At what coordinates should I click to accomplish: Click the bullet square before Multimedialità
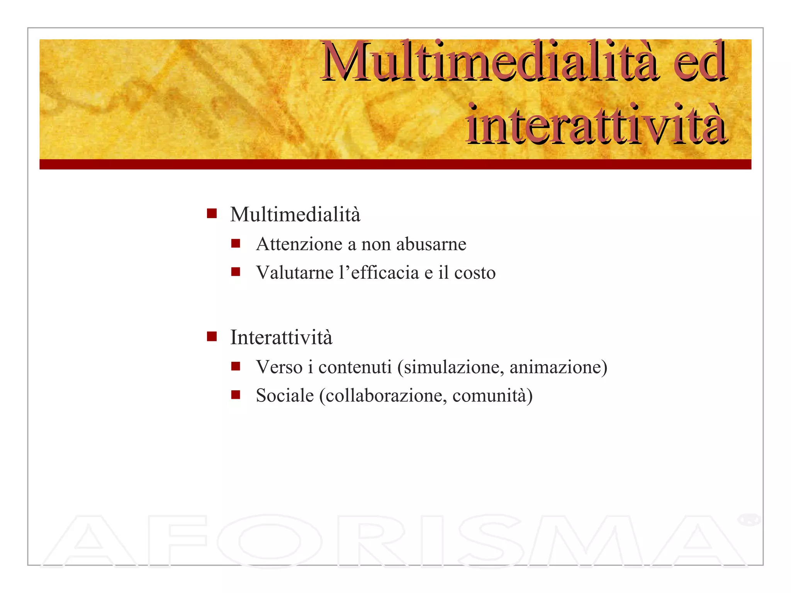coord(212,213)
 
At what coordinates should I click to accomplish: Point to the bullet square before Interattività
coord(212,337)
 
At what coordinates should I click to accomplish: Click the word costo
coord(475,273)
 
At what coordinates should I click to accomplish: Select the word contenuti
coord(355,367)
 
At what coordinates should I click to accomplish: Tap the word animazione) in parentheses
coord(558,367)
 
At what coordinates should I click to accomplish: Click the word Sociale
coord(285,395)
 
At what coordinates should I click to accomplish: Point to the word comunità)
coord(492,395)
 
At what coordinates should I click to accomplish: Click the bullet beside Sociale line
coord(236,395)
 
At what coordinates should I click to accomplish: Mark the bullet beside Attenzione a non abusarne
coord(236,244)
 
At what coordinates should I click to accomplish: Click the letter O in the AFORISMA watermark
coord(269,541)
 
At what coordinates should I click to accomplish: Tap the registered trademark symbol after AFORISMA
coord(749,519)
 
